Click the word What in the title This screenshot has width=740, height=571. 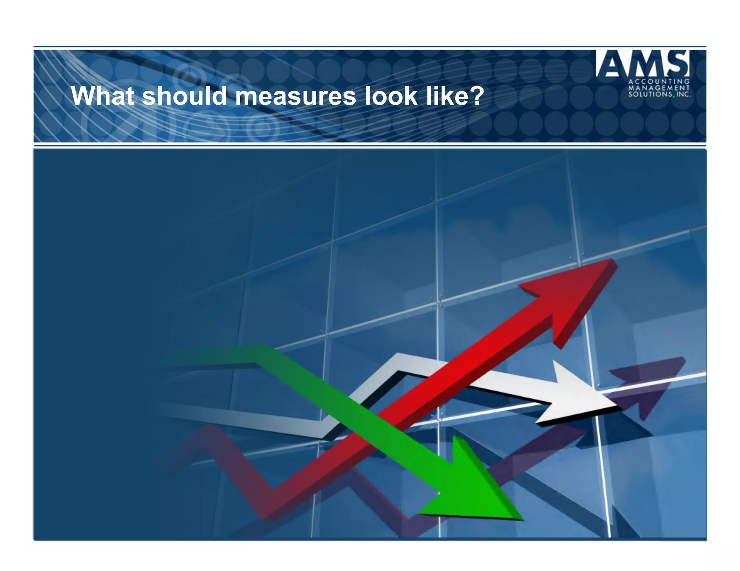click(102, 96)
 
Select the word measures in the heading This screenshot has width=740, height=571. click(295, 96)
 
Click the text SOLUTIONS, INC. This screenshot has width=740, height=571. click(659, 94)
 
